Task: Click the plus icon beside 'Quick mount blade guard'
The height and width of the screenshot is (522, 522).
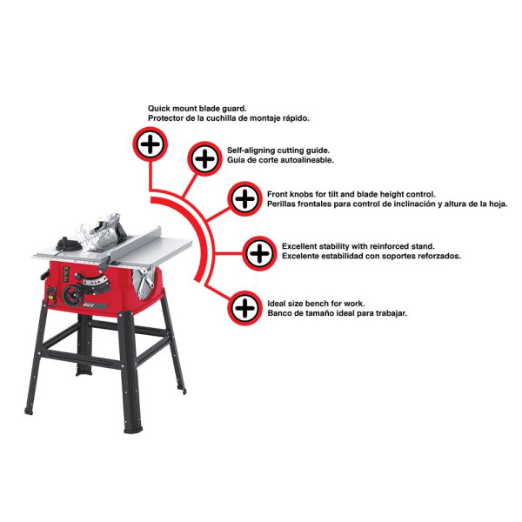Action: pyautogui.click(x=151, y=144)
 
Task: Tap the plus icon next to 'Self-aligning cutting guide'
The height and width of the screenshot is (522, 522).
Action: pyautogui.click(x=204, y=158)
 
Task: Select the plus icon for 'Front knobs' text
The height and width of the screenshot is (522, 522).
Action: pyautogui.click(x=244, y=198)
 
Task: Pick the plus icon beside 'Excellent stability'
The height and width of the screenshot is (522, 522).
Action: pyautogui.click(x=259, y=253)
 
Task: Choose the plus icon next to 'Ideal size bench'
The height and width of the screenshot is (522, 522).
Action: pyautogui.click(x=244, y=308)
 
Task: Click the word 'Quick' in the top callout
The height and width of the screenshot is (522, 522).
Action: pyautogui.click(x=159, y=108)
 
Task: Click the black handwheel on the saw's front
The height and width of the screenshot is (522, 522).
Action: pyautogui.click(x=72, y=295)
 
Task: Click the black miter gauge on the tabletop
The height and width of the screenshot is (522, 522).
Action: pyautogui.click(x=68, y=244)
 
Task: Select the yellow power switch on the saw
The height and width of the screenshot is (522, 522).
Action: pyautogui.click(x=51, y=296)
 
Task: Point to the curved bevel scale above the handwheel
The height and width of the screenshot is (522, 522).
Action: pyautogui.click(x=97, y=282)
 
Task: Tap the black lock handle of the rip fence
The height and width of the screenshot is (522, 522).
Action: pyautogui.click(x=104, y=263)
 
